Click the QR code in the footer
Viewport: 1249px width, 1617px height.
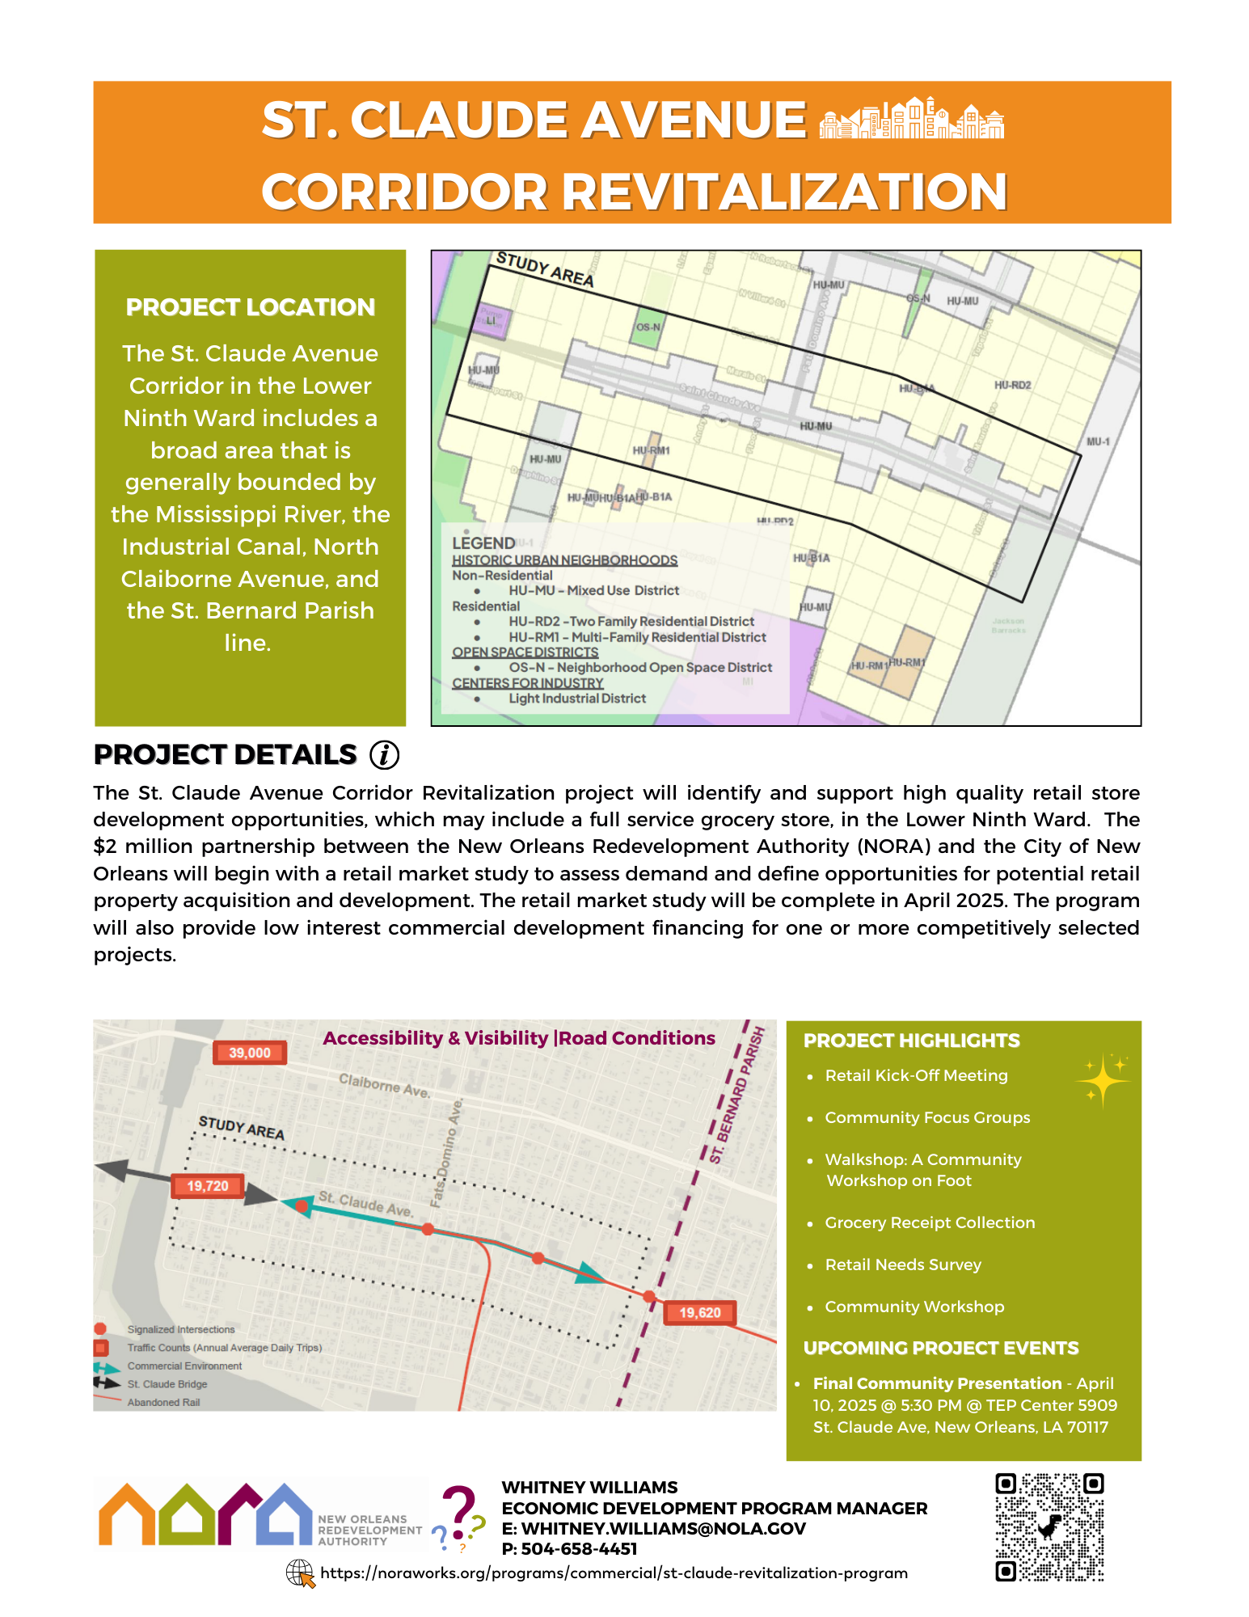click(x=1049, y=1526)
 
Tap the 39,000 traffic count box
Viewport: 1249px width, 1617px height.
click(x=249, y=1053)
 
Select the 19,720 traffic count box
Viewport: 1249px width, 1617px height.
click(x=208, y=1186)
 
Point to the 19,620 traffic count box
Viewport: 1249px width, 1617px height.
click(x=699, y=1312)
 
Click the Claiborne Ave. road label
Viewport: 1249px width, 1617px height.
click(x=384, y=1085)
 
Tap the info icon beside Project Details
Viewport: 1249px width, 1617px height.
click(x=384, y=754)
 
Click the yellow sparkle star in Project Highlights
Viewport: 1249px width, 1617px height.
click(x=1103, y=1079)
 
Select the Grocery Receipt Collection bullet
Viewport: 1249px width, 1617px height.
click(x=930, y=1222)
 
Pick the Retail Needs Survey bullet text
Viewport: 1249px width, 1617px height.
click(x=903, y=1264)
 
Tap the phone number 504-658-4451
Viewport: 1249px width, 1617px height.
click(x=579, y=1549)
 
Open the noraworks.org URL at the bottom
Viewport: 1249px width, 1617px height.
click(x=614, y=1573)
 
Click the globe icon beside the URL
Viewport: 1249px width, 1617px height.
click(x=301, y=1573)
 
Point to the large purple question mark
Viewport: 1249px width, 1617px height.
click(x=458, y=1511)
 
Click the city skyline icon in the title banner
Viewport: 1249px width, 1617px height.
click(x=911, y=119)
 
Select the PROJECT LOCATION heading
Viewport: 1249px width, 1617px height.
click(x=251, y=307)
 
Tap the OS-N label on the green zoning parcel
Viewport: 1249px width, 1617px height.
click(x=648, y=327)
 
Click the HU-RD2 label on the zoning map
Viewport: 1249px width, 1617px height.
click(x=1012, y=386)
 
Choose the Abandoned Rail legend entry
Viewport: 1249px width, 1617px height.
click(x=163, y=1402)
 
